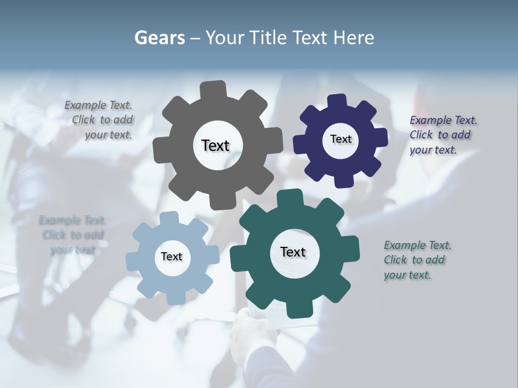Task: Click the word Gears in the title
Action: [x=159, y=38]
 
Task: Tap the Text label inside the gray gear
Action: [x=215, y=145]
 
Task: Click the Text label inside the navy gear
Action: [x=340, y=139]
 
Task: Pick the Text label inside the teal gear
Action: [x=293, y=252]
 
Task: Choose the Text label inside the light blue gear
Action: [x=172, y=257]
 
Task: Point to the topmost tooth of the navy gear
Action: [x=337, y=101]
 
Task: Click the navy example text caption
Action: [x=442, y=135]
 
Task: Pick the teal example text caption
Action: [x=417, y=260]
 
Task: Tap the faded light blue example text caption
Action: [x=73, y=235]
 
